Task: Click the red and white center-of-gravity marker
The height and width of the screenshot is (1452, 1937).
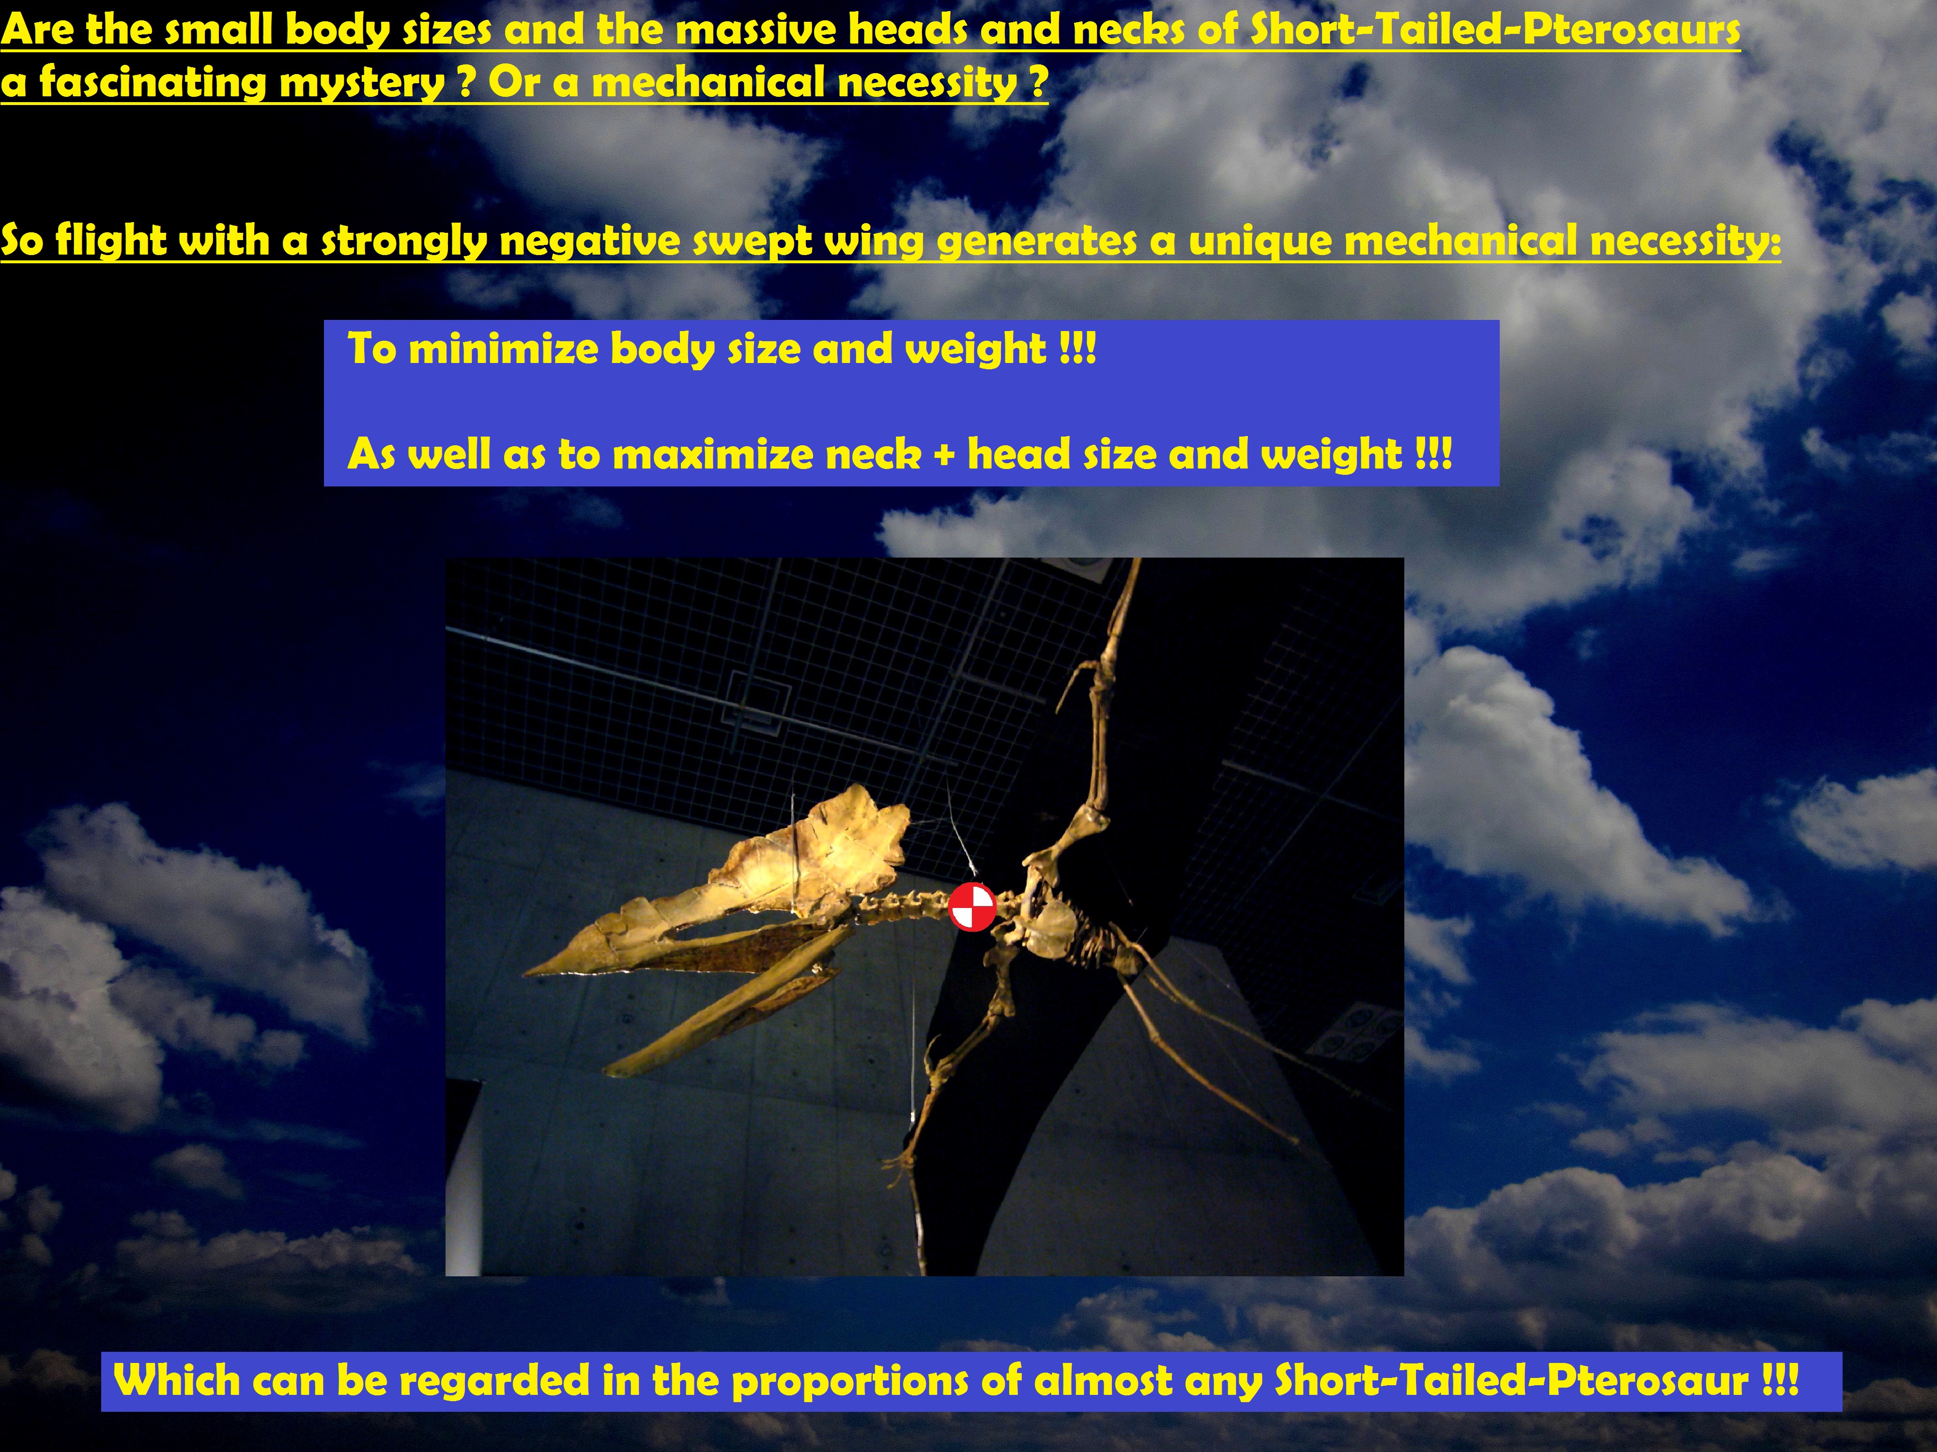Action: pos(972,907)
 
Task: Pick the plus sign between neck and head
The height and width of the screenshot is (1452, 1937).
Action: pos(944,455)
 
